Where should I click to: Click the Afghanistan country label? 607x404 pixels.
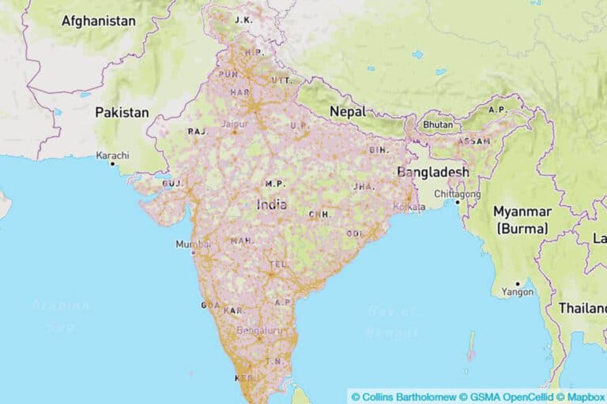99,21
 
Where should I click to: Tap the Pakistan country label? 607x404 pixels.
122,112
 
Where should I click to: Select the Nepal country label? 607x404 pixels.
348,111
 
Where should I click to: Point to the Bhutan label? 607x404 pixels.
438,125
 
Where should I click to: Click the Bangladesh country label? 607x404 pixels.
433,172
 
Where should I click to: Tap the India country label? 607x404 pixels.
272,204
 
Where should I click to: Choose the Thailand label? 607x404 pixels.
582,308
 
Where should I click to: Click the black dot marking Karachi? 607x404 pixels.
113,163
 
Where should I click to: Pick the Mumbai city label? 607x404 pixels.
193,245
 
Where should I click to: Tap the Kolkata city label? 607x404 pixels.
410,207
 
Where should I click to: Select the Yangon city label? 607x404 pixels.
518,292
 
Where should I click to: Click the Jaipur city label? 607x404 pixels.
235,124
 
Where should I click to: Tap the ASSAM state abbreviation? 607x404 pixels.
474,141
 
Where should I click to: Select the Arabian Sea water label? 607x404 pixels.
62,315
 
